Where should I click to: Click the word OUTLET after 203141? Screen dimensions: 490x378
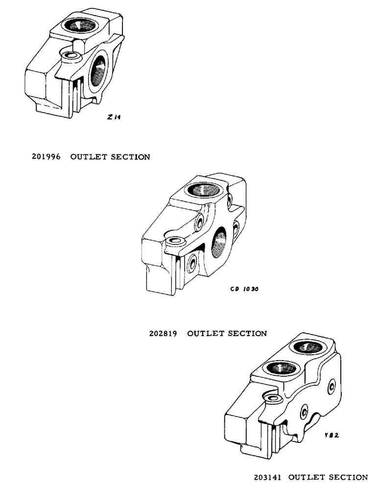pos(304,476)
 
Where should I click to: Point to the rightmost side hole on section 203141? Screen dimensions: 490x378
pos(333,386)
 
